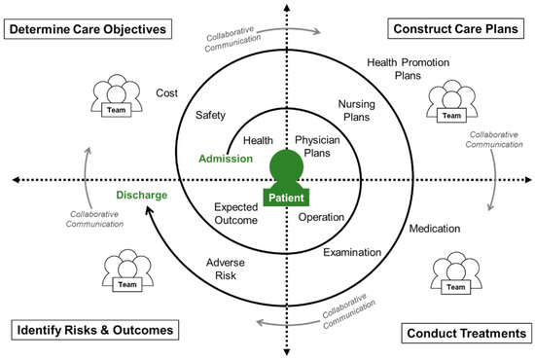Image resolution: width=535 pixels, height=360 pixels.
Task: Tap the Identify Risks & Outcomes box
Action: coord(93,330)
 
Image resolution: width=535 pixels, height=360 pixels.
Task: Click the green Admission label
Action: coord(227,159)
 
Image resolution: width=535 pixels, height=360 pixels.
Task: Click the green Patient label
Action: coord(285,198)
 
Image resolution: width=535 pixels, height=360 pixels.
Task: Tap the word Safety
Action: coord(211,115)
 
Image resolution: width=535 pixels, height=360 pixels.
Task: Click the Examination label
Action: coord(353,252)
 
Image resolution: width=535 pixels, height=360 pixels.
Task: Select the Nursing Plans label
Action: coord(363,110)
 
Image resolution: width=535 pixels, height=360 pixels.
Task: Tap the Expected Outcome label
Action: coord(236,214)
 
